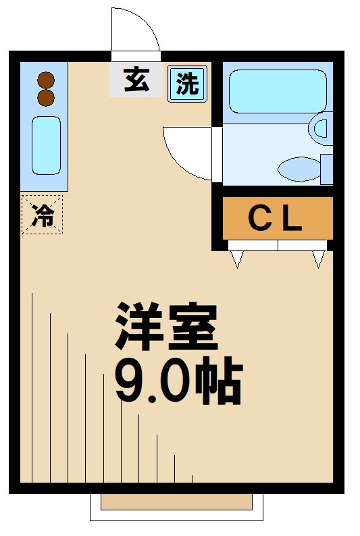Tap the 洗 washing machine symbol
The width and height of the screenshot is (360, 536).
click(187, 84)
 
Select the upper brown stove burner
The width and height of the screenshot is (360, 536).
click(45, 80)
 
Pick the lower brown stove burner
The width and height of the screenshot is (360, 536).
click(45, 98)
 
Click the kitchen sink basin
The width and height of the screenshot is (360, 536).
click(46, 145)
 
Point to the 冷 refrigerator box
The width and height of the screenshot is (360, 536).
click(42, 215)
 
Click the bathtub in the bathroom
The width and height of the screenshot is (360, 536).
click(277, 91)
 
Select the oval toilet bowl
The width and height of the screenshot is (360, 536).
click(298, 168)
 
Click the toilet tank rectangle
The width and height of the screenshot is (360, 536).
click(327, 169)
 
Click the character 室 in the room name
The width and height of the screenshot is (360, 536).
click(192, 326)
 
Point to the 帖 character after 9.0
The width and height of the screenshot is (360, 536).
click(217, 383)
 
